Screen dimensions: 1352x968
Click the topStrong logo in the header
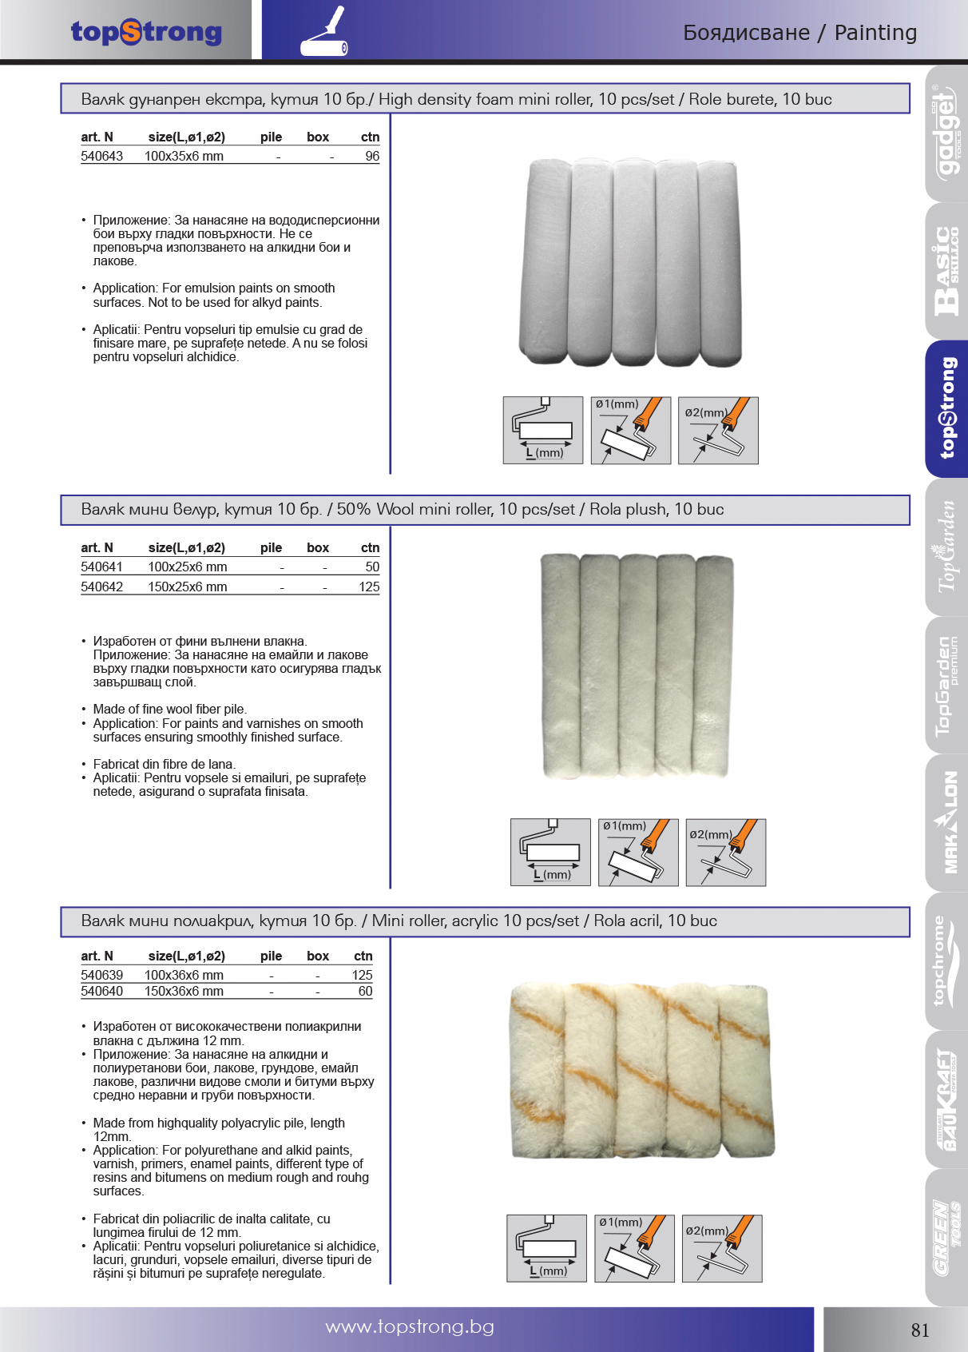(x=146, y=32)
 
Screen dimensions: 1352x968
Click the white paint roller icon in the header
(x=324, y=34)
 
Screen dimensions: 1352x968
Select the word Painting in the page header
(x=875, y=33)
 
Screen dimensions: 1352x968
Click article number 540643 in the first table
(x=101, y=157)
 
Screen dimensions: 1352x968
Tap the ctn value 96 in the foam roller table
(x=371, y=157)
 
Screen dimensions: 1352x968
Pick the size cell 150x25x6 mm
(x=187, y=587)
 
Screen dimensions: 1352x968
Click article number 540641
(x=101, y=567)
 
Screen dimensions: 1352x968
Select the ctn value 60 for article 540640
(x=365, y=992)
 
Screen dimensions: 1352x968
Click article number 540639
(x=101, y=976)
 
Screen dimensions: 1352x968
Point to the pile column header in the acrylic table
(x=271, y=956)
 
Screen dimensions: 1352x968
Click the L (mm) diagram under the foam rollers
(x=542, y=431)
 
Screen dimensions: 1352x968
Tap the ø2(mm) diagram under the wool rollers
(x=725, y=853)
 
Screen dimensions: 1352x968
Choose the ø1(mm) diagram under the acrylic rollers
(x=634, y=1249)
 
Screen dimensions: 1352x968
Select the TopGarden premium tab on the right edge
(x=946, y=686)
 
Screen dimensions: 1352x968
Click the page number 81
(x=920, y=1330)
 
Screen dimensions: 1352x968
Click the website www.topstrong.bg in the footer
(x=410, y=1327)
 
